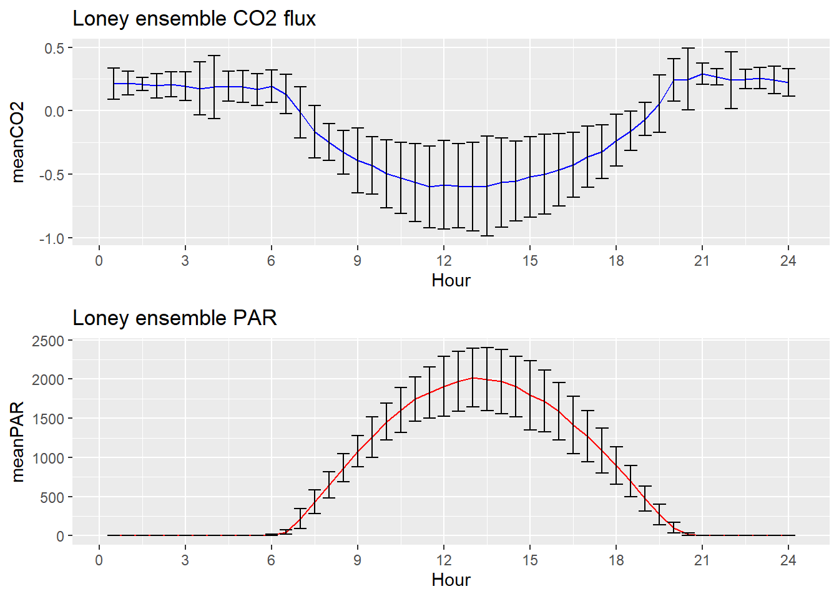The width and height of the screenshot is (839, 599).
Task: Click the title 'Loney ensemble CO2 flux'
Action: coord(194,19)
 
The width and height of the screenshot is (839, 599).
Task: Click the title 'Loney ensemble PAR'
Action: coord(175,318)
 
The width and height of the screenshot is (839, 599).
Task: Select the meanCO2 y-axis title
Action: coord(17,142)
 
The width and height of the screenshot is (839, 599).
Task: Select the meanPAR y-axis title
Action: coord(17,442)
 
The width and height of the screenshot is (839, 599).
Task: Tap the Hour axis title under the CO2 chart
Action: coord(451,280)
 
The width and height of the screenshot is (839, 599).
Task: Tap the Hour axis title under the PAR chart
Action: coord(451,580)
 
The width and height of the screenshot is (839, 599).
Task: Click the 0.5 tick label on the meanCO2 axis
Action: coord(54,49)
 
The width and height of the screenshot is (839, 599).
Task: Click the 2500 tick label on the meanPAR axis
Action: coord(48,341)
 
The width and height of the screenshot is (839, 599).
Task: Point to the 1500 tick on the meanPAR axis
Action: coord(48,419)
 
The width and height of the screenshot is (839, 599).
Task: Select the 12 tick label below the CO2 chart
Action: coord(443,261)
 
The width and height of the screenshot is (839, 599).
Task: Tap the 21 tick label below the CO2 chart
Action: coord(702,261)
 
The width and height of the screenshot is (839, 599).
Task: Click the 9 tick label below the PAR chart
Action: coord(357,560)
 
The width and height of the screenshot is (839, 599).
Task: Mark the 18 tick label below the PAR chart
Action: coord(616,560)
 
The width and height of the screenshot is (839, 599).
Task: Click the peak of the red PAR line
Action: coord(473,377)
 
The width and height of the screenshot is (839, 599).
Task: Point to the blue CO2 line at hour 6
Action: coord(271,86)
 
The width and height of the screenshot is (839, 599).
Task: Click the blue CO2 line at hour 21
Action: coord(702,74)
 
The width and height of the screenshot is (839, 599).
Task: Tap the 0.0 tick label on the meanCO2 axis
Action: coord(54,112)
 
